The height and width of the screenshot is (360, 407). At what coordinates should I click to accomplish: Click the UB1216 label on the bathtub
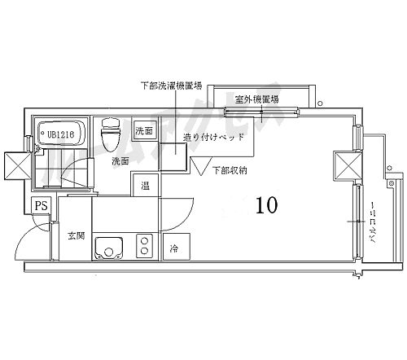coord(61,134)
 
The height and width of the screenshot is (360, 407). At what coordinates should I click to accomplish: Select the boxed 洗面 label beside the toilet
coord(144,131)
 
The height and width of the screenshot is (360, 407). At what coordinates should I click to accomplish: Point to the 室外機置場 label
coord(255,99)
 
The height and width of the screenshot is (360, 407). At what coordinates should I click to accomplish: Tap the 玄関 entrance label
coord(76,236)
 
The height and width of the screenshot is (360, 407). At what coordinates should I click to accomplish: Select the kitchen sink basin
coord(107,246)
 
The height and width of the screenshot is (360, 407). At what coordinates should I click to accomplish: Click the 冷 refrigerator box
coord(174,246)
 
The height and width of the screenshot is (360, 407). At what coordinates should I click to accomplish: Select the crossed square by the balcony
coord(345,166)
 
